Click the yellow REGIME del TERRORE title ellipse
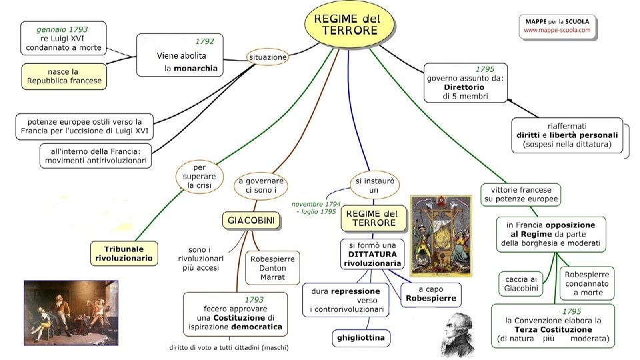tap(349, 23)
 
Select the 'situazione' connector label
tap(267, 57)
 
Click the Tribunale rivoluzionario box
tap(125, 252)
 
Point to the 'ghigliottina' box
tap(360, 338)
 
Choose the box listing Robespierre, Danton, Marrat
tap(273, 267)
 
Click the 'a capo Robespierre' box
tap(431, 294)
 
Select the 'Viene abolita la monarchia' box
tap(181, 55)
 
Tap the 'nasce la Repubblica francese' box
tap(64, 76)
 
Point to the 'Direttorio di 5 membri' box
tap(465, 83)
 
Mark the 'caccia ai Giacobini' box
tap(520, 283)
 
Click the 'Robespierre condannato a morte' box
tap(587, 283)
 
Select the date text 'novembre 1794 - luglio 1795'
tap(315, 207)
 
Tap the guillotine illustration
tap(440, 235)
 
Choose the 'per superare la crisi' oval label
tap(199, 175)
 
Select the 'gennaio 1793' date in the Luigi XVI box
tap(63, 30)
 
